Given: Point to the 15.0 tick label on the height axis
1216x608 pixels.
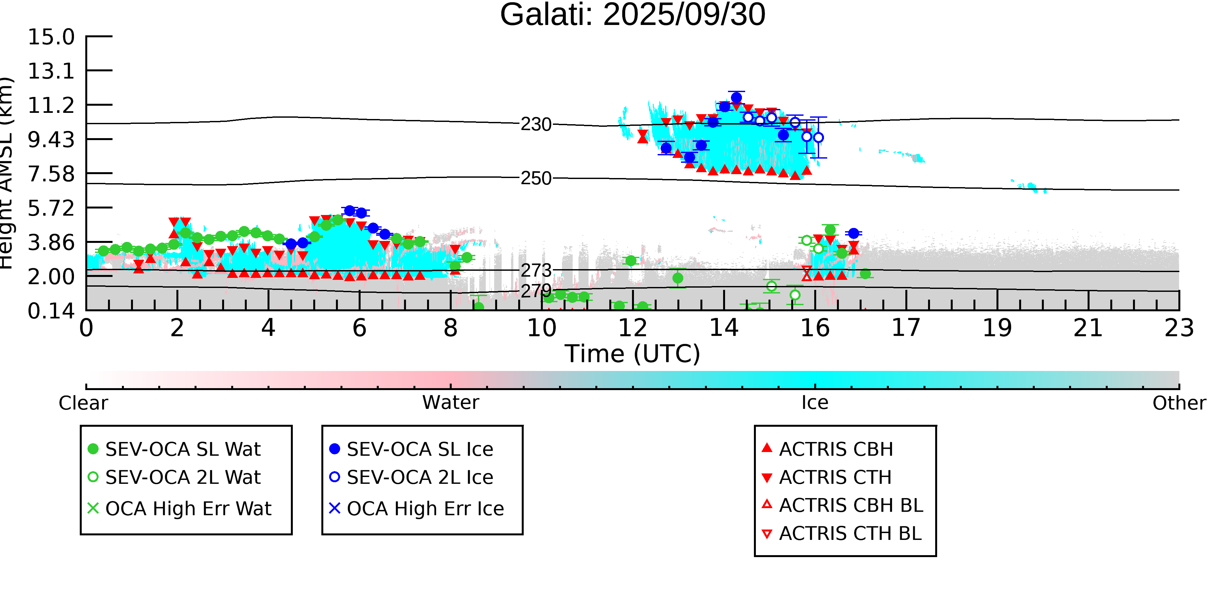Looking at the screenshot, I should coord(51,37).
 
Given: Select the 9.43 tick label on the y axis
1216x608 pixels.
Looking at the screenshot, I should coord(51,140).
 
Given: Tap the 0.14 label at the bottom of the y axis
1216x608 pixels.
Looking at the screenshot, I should coord(51,311).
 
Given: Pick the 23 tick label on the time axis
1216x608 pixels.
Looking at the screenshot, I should coord(1179,328).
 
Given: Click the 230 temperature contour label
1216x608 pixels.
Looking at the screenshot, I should coord(536,125).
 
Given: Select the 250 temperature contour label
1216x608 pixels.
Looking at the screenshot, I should coord(536,178).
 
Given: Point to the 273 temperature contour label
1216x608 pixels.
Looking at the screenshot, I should coord(536,270).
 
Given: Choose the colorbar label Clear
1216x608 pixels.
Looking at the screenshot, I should coord(83,403).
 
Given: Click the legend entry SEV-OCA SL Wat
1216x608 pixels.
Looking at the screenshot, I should coord(183,449).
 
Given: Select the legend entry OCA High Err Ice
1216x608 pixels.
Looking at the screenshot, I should coord(425,508).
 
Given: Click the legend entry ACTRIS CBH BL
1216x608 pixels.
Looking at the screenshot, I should coord(851,505).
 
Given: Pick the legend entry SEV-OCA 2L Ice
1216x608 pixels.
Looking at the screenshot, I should coord(420,477).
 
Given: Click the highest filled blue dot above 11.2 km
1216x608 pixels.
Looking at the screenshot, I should coord(736,98).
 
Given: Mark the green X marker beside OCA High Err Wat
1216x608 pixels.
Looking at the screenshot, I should coord(93,508).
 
